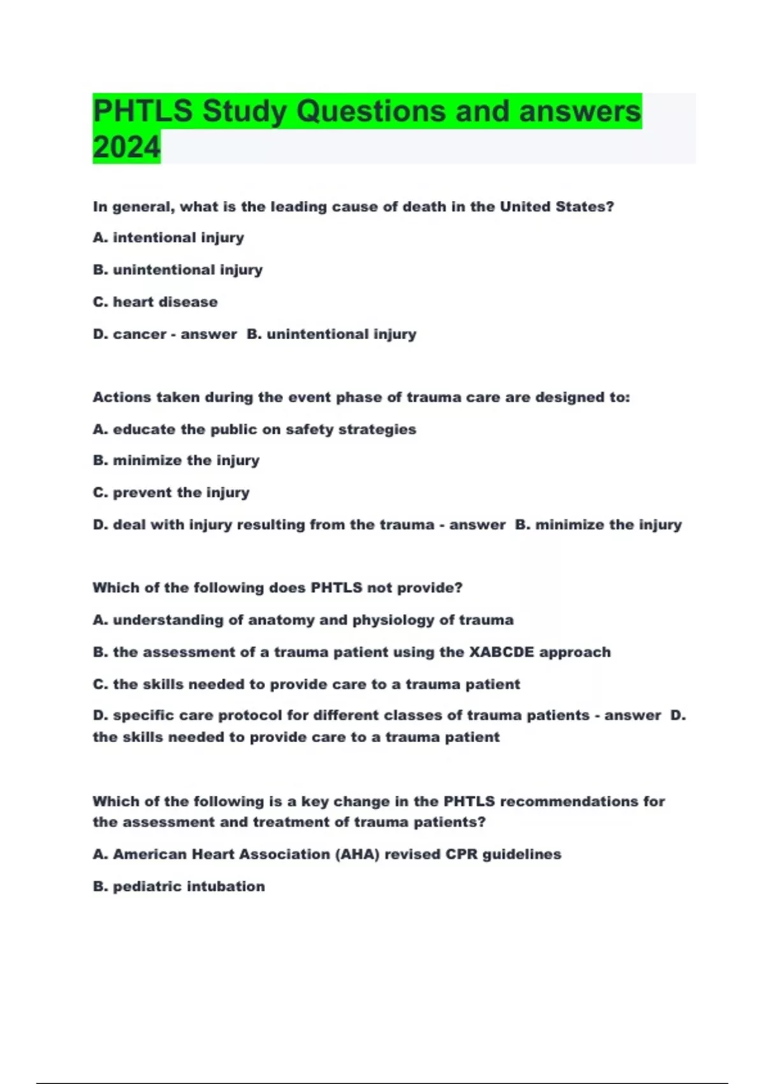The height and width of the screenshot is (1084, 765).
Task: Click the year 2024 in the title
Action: click(126, 147)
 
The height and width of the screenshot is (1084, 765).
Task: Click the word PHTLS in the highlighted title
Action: click(142, 111)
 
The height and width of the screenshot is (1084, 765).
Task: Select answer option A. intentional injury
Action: click(168, 238)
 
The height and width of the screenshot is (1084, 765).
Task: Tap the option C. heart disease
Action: click(155, 302)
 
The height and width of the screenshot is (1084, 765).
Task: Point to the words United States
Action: click(557, 207)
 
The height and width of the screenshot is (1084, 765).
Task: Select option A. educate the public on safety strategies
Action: click(254, 430)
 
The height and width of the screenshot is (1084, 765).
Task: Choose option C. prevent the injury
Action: click(171, 493)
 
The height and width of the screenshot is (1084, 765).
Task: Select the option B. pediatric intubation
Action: click(178, 886)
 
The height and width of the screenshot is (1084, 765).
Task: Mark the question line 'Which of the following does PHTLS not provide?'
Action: click(277, 588)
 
